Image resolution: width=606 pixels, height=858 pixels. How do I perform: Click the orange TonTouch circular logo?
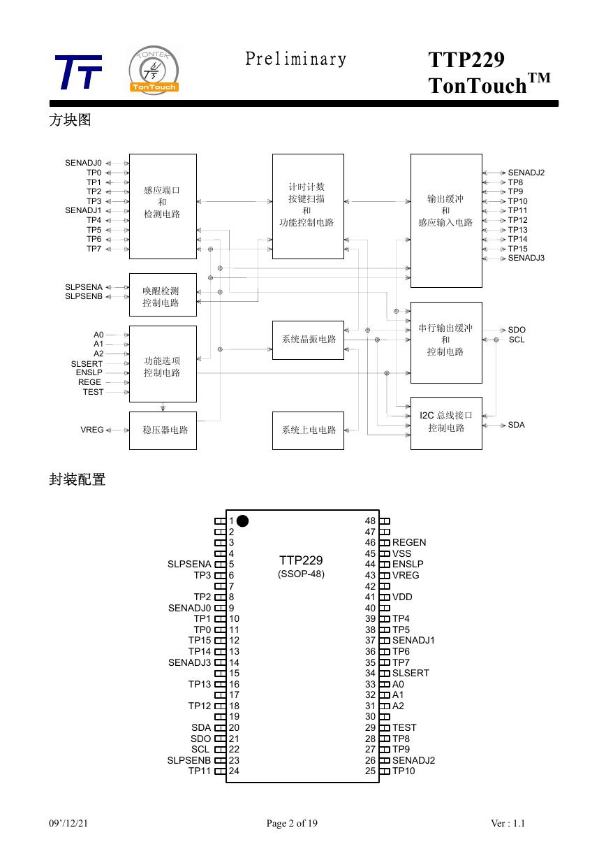(x=154, y=70)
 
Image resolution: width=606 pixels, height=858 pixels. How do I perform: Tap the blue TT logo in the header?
(x=78, y=72)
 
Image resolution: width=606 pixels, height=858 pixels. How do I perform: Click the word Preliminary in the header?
(x=295, y=59)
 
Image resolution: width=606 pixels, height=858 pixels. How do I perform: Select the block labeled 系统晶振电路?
(x=308, y=340)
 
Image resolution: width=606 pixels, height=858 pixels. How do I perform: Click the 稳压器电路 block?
(x=163, y=430)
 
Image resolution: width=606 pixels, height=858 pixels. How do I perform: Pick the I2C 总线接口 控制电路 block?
(x=446, y=423)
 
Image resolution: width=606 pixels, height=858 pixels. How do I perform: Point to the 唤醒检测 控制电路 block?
(x=163, y=295)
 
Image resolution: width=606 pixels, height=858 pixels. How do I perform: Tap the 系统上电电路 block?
(x=308, y=430)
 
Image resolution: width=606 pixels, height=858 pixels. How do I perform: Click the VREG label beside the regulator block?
(x=92, y=430)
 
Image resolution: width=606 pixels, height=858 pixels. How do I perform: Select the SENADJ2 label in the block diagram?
(x=526, y=173)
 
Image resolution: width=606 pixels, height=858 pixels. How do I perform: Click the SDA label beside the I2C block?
(x=516, y=425)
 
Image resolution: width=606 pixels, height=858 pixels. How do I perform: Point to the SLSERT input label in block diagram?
(x=87, y=364)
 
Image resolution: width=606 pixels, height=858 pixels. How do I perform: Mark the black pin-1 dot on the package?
(x=243, y=521)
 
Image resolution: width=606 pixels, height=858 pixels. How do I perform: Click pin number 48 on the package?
(x=370, y=521)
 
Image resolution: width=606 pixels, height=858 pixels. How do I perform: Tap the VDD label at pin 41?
(x=402, y=597)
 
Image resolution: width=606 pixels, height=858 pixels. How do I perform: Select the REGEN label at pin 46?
(x=409, y=542)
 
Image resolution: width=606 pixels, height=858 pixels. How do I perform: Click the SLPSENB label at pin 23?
(x=189, y=760)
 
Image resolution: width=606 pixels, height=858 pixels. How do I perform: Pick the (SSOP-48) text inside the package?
(x=302, y=574)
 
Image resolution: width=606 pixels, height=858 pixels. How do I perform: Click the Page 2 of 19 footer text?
(x=292, y=823)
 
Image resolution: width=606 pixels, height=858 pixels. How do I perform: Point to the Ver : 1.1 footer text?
(x=508, y=823)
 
